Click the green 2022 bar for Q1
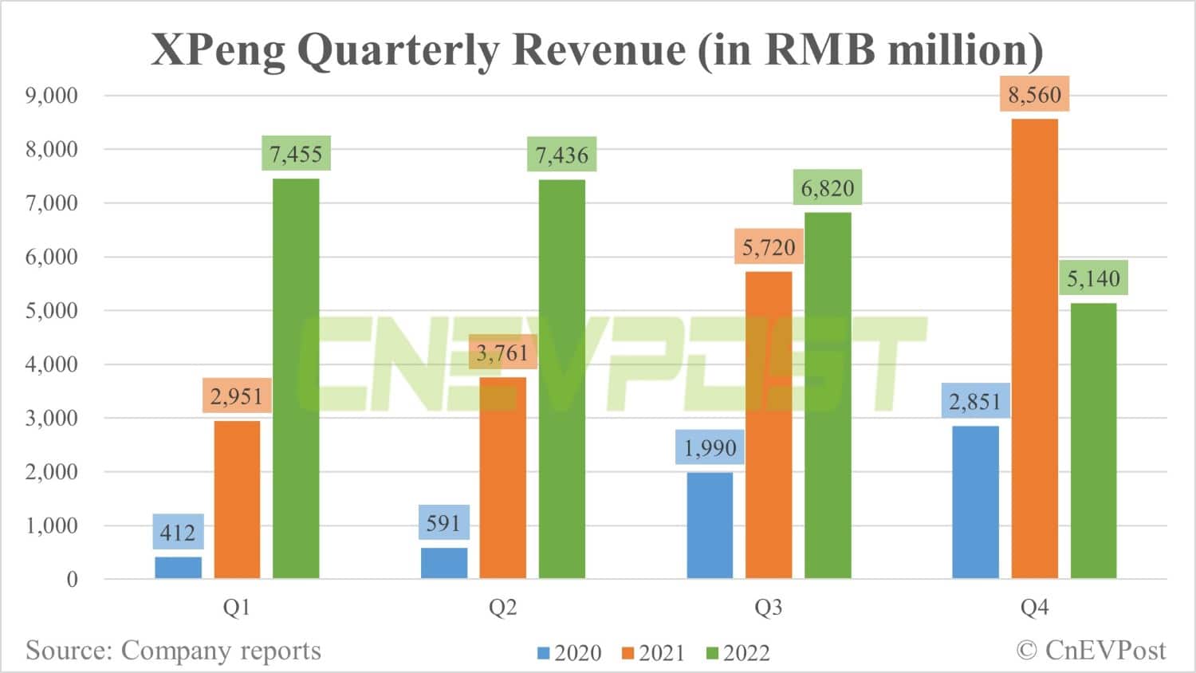(x=296, y=378)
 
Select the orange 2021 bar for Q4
(x=1034, y=348)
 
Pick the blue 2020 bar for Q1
(x=178, y=567)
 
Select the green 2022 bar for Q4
(x=1093, y=440)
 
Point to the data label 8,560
(x=1034, y=95)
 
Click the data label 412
(x=178, y=532)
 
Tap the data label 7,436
(x=561, y=155)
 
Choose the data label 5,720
(x=769, y=247)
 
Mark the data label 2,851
(x=975, y=401)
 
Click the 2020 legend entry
(x=569, y=653)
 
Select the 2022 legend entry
(x=738, y=653)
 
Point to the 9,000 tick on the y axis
(x=52, y=96)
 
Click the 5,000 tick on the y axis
(x=52, y=310)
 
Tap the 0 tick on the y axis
(x=72, y=579)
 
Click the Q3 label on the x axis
(x=769, y=608)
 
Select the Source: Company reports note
(x=173, y=651)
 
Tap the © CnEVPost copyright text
(x=1091, y=651)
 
